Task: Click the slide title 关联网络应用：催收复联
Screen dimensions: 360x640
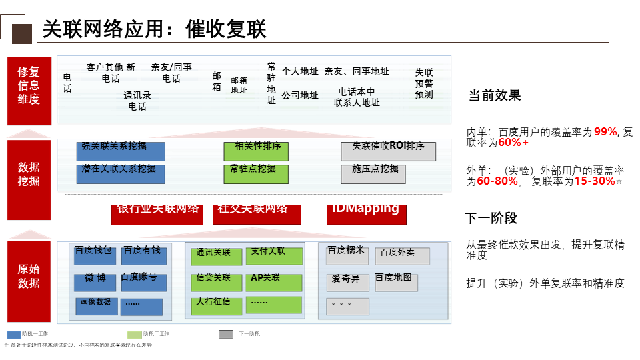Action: tap(154, 29)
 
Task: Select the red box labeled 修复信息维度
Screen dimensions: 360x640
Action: tap(29, 91)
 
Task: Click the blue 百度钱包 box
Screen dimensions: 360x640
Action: tap(94, 255)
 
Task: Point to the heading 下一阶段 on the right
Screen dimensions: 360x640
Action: tap(491, 218)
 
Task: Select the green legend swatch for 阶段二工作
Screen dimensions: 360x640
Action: tap(134, 334)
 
